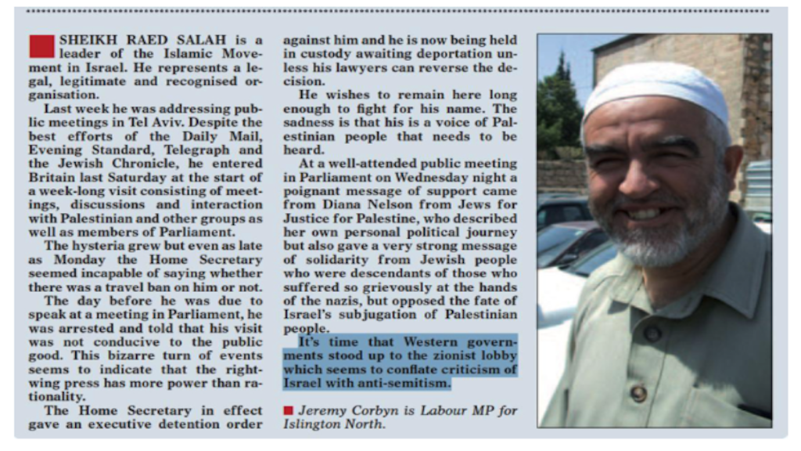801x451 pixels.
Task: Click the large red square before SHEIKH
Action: [41, 46]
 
